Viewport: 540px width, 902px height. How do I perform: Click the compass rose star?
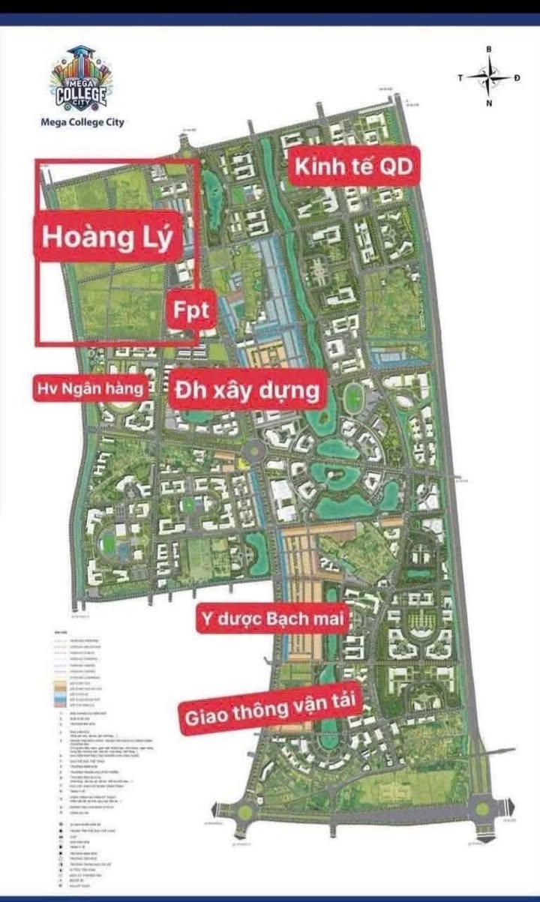[489, 76]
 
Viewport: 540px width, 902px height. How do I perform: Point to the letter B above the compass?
[489, 49]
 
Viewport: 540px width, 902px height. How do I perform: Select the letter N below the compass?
[489, 103]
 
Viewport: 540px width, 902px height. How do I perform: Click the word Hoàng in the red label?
[85, 236]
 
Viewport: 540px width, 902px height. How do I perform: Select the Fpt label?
[190, 310]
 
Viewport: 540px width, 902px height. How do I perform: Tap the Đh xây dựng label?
[247, 390]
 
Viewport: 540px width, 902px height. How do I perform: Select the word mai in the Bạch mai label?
[327, 619]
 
